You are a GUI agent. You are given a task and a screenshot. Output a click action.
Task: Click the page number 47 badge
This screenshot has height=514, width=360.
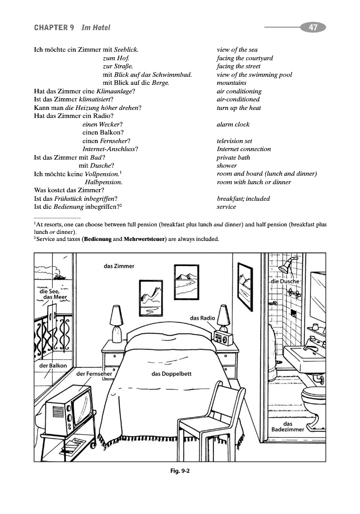pos(313,28)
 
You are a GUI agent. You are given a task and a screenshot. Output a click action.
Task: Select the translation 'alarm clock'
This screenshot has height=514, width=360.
pos(233,124)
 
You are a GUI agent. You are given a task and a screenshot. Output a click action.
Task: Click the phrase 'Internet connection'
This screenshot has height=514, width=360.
pos(244,149)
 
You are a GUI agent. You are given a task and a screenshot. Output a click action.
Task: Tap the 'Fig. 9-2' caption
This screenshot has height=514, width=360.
pos(180,471)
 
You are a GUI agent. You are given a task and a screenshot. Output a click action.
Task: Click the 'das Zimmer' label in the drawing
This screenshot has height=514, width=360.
pos(119,267)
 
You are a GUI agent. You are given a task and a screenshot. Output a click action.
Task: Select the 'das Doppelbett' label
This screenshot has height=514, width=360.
pos(171,373)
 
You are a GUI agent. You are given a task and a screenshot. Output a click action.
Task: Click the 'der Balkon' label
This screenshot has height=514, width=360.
pos(53,366)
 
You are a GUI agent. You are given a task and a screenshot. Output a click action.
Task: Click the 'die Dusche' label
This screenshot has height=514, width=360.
pos(285,282)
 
